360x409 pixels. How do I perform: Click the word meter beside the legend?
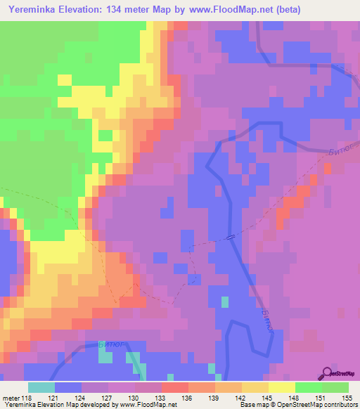coord(13,397)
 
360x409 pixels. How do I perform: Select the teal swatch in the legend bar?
coord(41,387)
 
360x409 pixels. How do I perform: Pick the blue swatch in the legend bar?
coord(68,387)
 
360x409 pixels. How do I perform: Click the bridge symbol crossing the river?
coord(231,238)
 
